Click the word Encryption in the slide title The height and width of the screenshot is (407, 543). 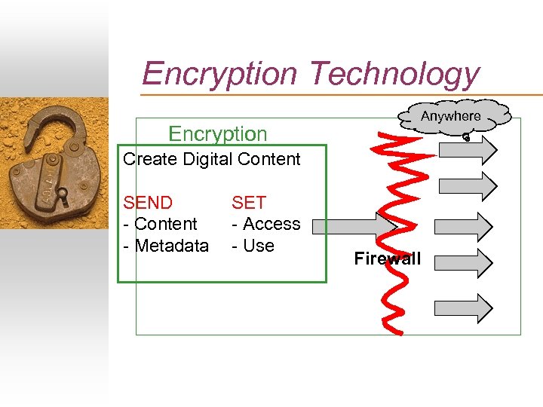click(x=220, y=74)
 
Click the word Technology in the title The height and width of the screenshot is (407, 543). click(x=394, y=74)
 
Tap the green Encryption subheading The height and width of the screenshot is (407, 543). click(x=218, y=134)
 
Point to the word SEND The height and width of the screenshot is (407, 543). click(x=148, y=203)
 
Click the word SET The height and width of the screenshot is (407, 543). click(x=249, y=203)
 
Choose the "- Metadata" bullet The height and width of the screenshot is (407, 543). click(x=165, y=246)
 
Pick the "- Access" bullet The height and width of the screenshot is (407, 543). click(x=265, y=224)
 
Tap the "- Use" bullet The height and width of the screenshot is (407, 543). click(x=253, y=246)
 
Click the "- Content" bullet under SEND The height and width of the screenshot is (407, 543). click(x=160, y=224)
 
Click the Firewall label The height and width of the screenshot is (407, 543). click(x=388, y=259)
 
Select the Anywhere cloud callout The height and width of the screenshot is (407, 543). click(x=450, y=117)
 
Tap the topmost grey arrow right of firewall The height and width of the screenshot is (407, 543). click(x=466, y=148)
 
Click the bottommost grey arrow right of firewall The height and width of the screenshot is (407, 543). click(x=462, y=308)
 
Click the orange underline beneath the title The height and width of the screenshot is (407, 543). click(x=339, y=94)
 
